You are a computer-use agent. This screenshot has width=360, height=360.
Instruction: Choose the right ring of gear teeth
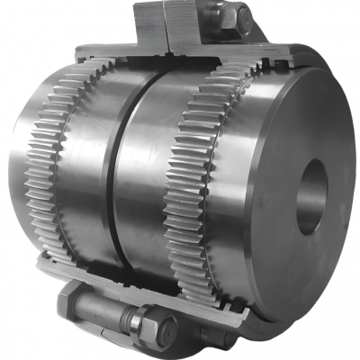pos(189,180)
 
